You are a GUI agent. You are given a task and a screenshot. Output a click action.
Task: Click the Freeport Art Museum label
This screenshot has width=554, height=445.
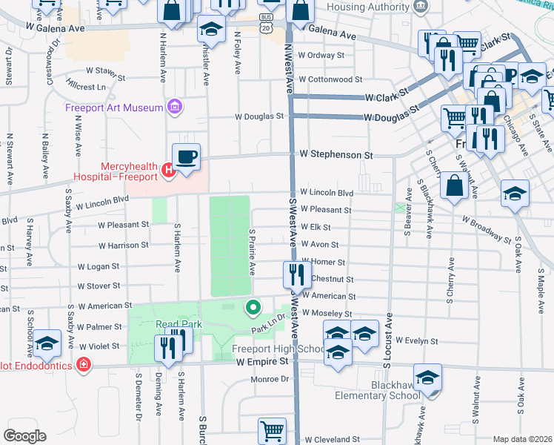(113, 108)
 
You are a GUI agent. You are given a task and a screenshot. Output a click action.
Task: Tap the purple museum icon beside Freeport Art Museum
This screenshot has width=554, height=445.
(174, 108)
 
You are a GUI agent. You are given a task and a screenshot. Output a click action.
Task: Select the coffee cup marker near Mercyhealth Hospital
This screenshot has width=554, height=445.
(187, 156)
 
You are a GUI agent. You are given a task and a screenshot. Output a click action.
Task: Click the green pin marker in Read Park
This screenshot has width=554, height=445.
(253, 306)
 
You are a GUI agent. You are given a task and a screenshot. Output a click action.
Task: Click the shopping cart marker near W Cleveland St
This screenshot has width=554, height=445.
(272, 431)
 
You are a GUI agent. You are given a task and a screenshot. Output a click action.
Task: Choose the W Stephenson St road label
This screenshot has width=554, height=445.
(336, 155)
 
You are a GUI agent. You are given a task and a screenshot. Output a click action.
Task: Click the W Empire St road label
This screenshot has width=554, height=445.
(261, 361)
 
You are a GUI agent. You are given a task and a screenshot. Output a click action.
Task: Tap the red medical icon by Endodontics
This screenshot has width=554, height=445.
(83, 365)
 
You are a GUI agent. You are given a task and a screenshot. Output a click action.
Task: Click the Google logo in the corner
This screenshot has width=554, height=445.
(24, 436)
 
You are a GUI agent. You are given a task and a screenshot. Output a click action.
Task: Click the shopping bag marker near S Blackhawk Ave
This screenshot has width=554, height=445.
(453, 186)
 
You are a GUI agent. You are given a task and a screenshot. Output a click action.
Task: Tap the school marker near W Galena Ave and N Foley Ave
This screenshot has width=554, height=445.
(211, 30)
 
